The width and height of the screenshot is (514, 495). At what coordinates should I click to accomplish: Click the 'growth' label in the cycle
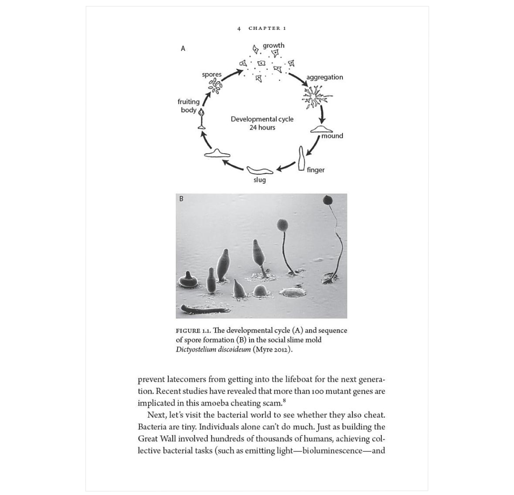tap(273, 45)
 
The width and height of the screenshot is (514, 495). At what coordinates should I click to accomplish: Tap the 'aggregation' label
tap(324, 77)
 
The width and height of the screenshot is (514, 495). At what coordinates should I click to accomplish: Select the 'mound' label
tap(332, 136)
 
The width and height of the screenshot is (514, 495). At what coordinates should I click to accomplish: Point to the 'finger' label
tap(316, 170)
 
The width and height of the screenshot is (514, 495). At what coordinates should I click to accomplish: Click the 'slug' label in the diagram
tap(259, 180)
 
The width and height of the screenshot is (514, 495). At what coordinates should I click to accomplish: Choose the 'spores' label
tap(211, 74)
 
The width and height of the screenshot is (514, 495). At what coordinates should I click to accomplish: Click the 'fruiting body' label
tap(188, 106)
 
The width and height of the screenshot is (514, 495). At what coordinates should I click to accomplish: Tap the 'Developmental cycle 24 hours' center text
tap(262, 123)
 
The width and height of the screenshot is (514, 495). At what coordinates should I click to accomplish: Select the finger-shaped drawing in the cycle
tap(301, 158)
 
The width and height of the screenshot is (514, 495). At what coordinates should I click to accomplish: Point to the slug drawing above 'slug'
tap(260, 170)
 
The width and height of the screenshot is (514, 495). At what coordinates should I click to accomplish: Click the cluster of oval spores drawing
tap(215, 85)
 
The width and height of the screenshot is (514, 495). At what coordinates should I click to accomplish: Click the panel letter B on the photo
tap(181, 199)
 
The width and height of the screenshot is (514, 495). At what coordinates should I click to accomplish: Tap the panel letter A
tap(183, 49)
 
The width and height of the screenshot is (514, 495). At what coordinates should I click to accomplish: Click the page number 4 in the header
tap(239, 29)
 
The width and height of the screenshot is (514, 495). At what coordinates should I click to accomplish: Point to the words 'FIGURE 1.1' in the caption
tap(193, 331)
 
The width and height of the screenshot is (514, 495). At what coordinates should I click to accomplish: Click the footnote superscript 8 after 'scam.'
tap(284, 401)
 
